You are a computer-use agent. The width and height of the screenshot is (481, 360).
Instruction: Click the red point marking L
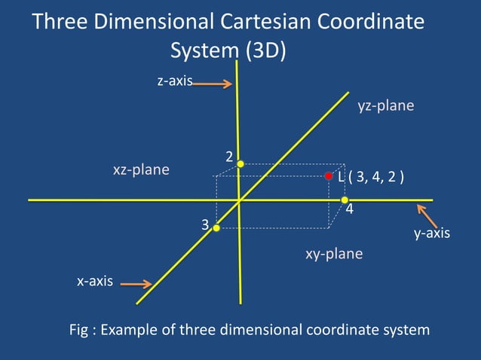pos(329,176)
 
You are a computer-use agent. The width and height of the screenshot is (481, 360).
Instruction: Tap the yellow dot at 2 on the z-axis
pos(240,163)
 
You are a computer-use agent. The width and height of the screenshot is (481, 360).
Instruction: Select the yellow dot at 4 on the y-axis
pos(345,200)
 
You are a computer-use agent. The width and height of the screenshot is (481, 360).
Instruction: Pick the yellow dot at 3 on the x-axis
pos(216,227)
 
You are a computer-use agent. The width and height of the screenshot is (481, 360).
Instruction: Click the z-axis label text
pos(174,81)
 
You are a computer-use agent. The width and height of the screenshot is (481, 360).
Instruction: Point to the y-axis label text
pos(432,233)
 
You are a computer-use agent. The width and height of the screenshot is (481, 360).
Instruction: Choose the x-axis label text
pos(95,282)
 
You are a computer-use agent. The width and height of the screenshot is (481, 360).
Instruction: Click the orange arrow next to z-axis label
pos(212,84)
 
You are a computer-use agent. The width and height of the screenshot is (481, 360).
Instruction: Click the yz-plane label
pos(385,106)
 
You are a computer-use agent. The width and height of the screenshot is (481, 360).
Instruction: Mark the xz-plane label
pos(141,170)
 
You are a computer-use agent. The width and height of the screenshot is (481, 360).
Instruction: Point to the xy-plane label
pos(334,254)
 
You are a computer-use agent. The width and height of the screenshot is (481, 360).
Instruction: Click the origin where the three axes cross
pos(239,200)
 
